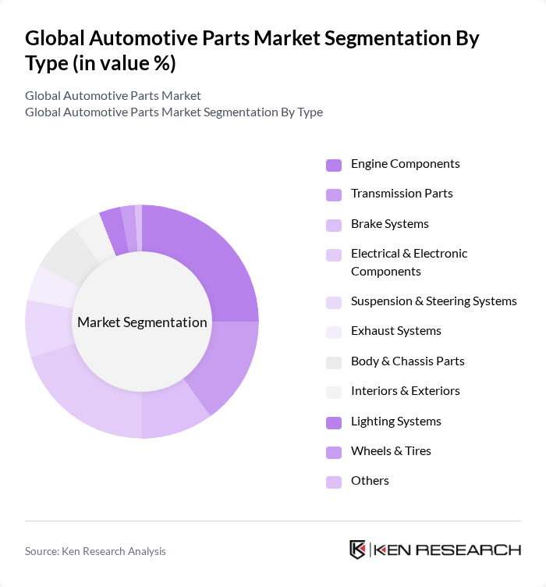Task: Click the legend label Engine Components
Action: pyautogui.click(x=405, y=164)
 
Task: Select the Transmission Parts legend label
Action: pyautogui.click(x=402, y=194)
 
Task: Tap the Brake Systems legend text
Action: pyautogui.click(x=389, y=224)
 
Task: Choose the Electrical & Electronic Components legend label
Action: pyautogui.click(x=409, y=262)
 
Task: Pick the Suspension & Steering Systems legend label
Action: pyautogui.click(x=434, y=301)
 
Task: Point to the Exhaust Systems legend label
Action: pyautogui.click(x=395, y=331)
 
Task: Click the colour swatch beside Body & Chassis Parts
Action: pyautogui.click(x=334, y=362)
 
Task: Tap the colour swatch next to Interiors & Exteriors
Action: pyautogui.click(x=334, y=392)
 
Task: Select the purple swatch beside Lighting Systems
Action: pyautogui.click(x=334, y=422)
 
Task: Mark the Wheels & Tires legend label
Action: pyautogui.click(x=391, y=451)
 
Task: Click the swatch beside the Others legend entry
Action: pyautogui.click(x=334, y=482)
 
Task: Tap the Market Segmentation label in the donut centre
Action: pyautogui.click(x=142, y=322)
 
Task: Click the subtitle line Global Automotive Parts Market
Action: pyautogui.click(x=113, y=95)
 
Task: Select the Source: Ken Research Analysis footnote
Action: pyautogui.click(x=95, y=551)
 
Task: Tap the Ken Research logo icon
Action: pyautogui.click(x=358, y=550)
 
